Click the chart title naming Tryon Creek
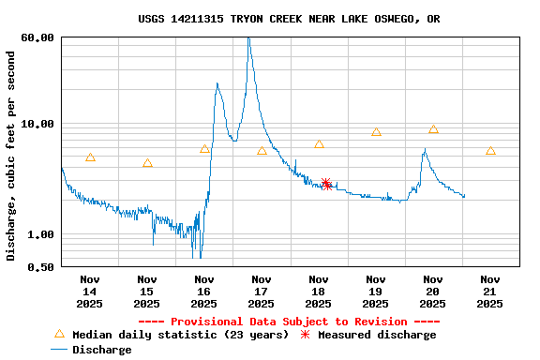coord(289,19)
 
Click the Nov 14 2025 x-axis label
coord(90,291)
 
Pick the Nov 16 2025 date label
coord(203,291)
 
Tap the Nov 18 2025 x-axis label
coord(319,291)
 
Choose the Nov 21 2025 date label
coord(489,291)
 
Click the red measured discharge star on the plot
coord(326,184)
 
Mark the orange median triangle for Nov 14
coord(90,157)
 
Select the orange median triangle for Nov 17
coord(262,151)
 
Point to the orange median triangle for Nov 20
coord(433,129)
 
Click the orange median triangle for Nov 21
coord(490,151)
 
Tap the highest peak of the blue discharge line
coord(248,38)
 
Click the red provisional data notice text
coord(289,322)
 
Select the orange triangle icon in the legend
coord(59,334)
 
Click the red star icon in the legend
coord(305,334)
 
